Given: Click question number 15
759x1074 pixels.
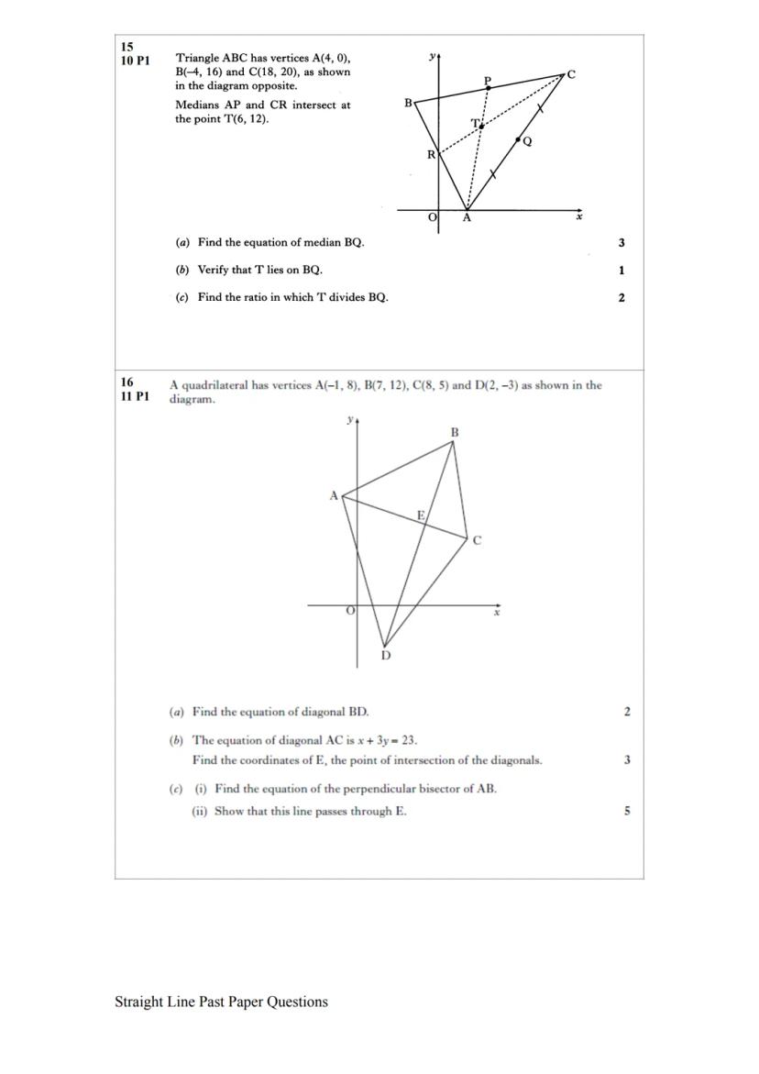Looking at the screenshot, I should pyautogui.click(x=126, y=46).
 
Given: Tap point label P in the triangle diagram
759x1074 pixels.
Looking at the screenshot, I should pyautogui.click(x=488, y=81).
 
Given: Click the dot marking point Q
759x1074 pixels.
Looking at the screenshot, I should pyautogui.click(x=519, y=140).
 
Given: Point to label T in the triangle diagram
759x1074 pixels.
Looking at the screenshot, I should pyautogui.click(x=475, y=123).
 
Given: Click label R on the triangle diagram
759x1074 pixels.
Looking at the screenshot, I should pyautogui.click(x=431, y=155).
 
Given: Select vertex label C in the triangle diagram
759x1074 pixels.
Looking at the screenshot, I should pyautogui.click(x=571, y=74).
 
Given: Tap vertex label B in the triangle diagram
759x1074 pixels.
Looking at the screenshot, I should pyautogui.click(x=408, y=103).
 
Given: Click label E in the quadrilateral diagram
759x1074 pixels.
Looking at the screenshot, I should pyautogui.click(x=421, y=515).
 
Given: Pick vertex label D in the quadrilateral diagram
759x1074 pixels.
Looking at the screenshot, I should pyautogui.click(x=385, y=655).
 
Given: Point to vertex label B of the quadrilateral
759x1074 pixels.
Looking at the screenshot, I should pyautogui.click(x=455, y=432).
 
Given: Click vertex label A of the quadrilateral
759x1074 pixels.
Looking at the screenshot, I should pyautogui.click(x=334, y=495).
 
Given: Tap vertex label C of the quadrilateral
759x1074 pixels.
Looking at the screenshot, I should pyautogui.click(x=477, y=541).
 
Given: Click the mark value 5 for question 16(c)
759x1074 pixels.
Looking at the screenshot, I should pyautogui.click(x=627, y=811).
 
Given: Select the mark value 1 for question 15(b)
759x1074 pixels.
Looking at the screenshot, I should pyautogui.click(x=621, y=271).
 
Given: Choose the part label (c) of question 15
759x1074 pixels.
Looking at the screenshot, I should pyautogui.click(x=182, y=297).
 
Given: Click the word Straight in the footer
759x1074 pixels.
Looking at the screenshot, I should pyautogui.click(x=140, y=1002).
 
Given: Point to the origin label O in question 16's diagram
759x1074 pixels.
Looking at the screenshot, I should pyautogui.click(x=349, y=611).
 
